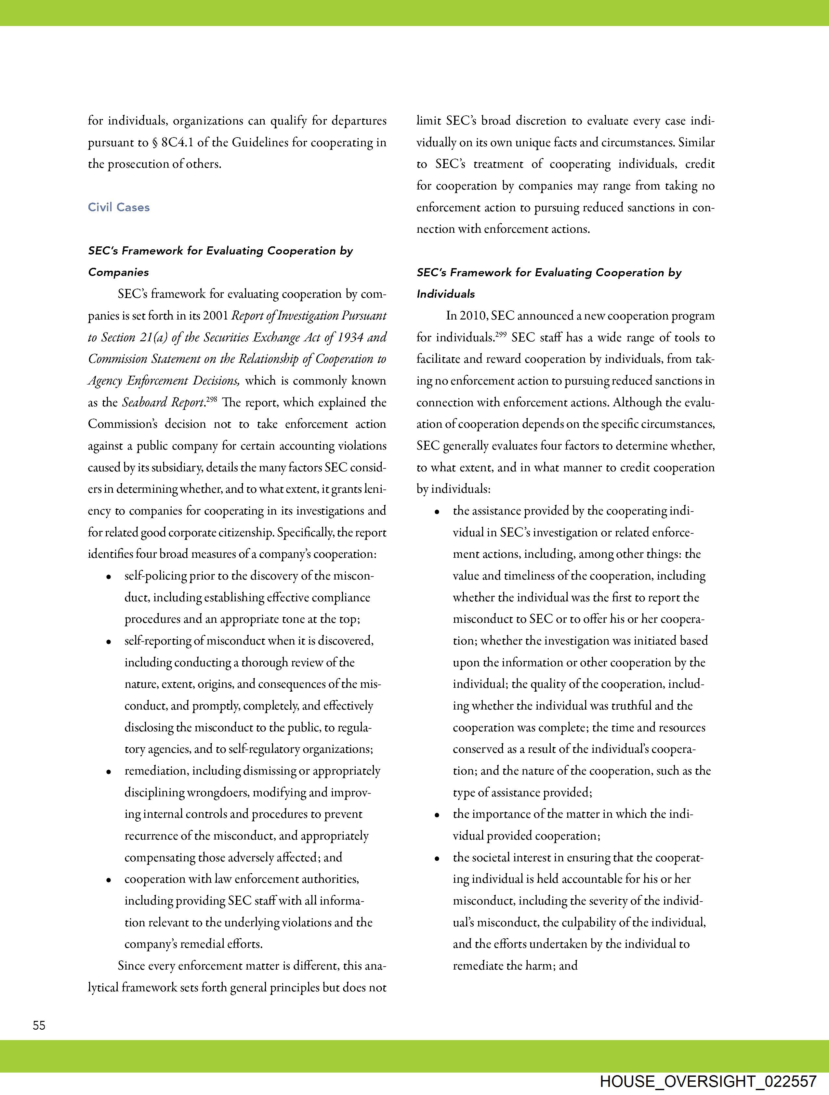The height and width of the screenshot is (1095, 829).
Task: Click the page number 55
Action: coord(39,1025)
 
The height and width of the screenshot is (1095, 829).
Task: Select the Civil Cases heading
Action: coord(119,207)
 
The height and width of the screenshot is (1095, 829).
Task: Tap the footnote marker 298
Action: coord(211,398)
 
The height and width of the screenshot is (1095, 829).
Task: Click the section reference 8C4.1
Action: coord(178,143)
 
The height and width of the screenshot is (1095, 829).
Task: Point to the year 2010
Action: coord(474,316)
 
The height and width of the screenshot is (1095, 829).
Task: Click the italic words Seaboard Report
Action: coord(164,402)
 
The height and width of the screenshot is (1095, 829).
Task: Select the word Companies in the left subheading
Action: coord(118,272)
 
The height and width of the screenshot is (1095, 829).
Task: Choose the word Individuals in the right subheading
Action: coord(446,294)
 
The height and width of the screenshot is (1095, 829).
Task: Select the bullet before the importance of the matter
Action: coord(437,815)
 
